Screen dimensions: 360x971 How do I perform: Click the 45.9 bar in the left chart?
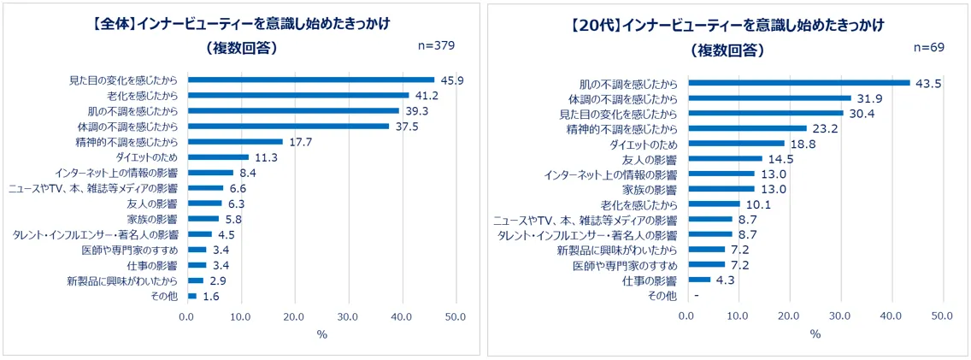[x=311, y=80]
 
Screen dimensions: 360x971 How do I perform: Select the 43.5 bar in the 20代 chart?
[x=799, y=83]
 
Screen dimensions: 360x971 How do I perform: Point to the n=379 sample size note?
[x=435, y=44]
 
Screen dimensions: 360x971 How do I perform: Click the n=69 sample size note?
[x=927, y=47]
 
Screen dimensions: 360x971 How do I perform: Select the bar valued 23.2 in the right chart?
[x=747, y=128]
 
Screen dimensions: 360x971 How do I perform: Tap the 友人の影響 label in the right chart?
[x=653, y=159]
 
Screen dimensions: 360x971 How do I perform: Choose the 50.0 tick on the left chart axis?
[x=455, y=316]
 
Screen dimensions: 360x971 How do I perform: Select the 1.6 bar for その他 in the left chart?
[x=192, y=296]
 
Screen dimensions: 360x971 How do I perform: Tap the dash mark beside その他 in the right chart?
[x=697, y=295]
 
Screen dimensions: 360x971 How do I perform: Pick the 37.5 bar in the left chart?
[x=288, y=126]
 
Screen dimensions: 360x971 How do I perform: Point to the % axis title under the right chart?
[x=815, y=333]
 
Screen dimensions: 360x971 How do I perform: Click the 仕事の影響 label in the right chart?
[x=653, y=280]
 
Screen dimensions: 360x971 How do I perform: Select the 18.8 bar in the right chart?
[x=736, y=144]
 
